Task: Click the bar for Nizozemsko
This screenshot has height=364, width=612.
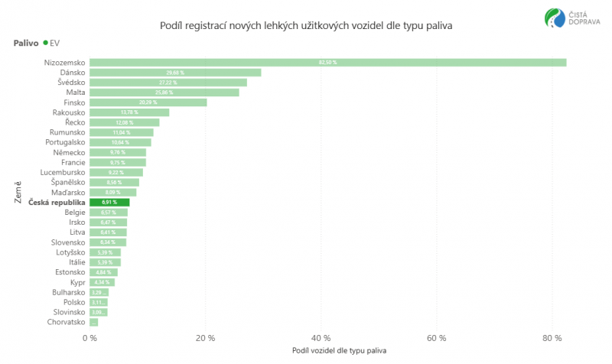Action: click(327, 63)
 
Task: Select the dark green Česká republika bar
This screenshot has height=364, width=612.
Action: click(109, 203)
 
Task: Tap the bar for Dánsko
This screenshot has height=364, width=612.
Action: click(175, 73)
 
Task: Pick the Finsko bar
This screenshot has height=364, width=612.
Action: click(148, 102)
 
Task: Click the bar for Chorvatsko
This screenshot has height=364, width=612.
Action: click(94, 322)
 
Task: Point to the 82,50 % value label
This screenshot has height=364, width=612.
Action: click(327, 63)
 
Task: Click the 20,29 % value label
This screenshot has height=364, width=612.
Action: click(148, 102)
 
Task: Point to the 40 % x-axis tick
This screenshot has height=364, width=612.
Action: click(321, 337)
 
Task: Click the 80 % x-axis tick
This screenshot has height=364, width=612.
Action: click(552, 337)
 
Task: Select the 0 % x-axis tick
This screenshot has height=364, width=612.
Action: click(90, 337)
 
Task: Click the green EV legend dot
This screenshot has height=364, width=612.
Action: click(45, 44)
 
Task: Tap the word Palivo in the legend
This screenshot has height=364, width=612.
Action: click(26, 44)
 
